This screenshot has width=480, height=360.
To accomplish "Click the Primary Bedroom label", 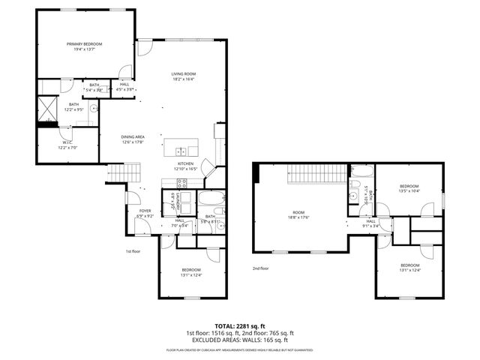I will point(83,45).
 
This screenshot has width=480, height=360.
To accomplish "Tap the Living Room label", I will point(182,73).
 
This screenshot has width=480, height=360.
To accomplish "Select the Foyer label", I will point(145,211).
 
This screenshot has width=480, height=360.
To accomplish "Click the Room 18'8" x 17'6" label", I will point(299,214).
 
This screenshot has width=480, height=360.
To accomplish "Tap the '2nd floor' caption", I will point(261,268).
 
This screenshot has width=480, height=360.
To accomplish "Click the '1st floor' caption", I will point(133,251).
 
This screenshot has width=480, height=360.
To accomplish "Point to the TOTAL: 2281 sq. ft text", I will point(239,325).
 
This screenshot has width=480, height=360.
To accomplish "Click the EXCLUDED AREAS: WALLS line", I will point(239,340).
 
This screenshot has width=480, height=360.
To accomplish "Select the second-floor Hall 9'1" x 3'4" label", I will point(370,223).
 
